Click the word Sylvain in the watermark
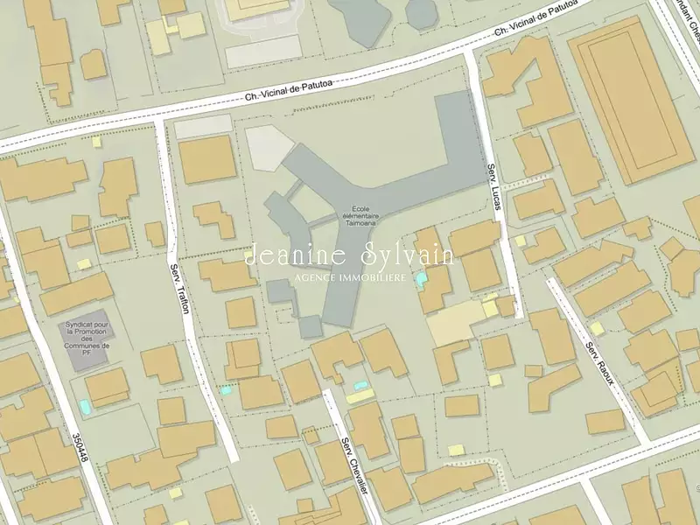[407, 255]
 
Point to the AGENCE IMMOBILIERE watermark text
[350, 277]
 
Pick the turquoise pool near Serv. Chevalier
[360, 386]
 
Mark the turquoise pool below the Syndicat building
[84, 407]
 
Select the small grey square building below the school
[310, 326]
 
